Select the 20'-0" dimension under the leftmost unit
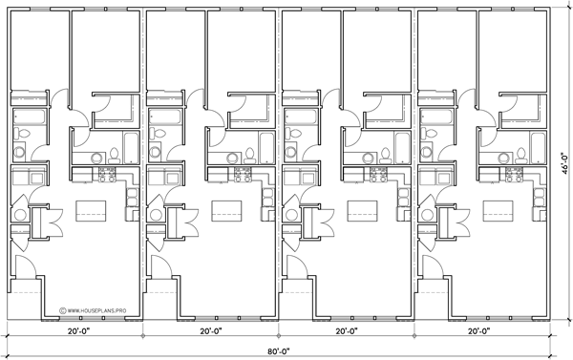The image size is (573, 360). click(78, 332)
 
